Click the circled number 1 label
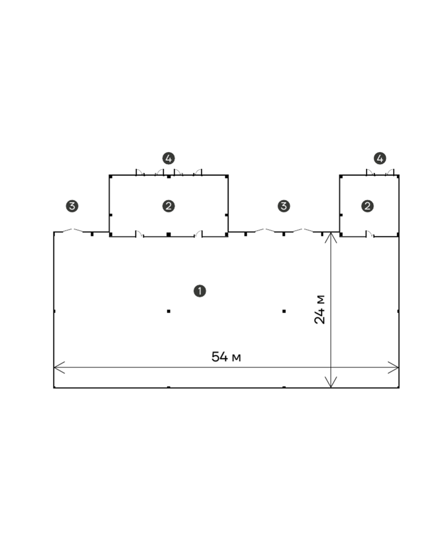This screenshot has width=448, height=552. pyautogui.click(x=200, y=291)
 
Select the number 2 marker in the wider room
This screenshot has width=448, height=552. pyautogui.click(x=169, y=206)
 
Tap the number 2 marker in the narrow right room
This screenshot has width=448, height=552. pyautogui.click(x=367, y=206)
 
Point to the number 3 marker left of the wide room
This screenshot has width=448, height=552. pyautogui.click(x=72, y=206)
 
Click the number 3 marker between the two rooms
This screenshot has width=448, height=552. pyautogui.click(x=284, y=206)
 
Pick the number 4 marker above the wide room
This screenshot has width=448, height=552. pyautogui.click(x=169, y=159)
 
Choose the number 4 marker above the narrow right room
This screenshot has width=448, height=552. pyautogui.click(x=380, y=159)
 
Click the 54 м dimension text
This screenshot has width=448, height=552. pyautogui.click(x=226, y=357)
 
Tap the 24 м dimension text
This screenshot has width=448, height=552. pyautogui.click(x=320, y=310)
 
